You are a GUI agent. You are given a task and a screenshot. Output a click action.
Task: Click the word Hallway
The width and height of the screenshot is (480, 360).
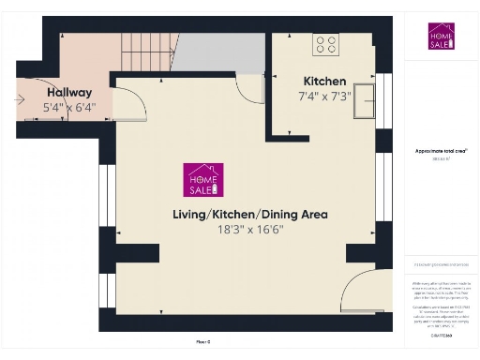pyautogui.click(x=68, y=92)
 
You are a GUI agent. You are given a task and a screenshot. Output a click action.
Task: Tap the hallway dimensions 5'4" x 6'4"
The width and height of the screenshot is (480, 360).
pyautogui.click(x=68, y=107)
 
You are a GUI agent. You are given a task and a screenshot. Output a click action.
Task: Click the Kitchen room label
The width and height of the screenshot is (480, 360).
pyautogui.click(x=324, y=82)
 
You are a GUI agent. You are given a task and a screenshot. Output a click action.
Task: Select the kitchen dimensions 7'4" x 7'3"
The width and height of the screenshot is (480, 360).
pyautogui.click(x=324, y=96)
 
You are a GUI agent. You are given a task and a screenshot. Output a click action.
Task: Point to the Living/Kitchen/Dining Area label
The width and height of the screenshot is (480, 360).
pyautogui.click(x=249, y=214)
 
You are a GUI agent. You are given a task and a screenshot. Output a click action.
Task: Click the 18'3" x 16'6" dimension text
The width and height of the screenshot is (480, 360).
pyautogui.click(x=249, y=229)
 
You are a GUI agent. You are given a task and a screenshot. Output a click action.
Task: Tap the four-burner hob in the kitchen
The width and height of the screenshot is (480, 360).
pyautogui.click(x=326, y=43)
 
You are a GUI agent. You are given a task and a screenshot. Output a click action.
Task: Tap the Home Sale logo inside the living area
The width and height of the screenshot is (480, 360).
pyautogui.click(x=203, y=180)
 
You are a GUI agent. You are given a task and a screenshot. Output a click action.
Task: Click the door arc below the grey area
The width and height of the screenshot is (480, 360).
pyautogui.click(x=248, y=89)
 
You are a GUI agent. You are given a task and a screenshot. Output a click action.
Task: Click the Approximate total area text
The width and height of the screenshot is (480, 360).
pyautogui.click(x=441, y=150)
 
